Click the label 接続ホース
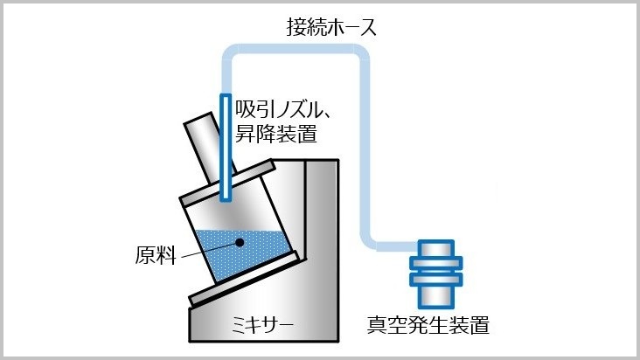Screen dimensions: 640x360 331,27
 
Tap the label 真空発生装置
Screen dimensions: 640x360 428,325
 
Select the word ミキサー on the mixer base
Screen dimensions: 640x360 262,325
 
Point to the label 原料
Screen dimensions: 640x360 156,255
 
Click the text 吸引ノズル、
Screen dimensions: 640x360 283,110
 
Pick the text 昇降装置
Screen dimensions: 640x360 276,134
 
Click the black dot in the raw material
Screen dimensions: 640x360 240,243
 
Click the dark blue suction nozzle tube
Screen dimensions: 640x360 226,148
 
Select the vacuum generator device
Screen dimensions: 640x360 436,274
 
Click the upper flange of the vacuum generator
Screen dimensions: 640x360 436,262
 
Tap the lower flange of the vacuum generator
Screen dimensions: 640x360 436,280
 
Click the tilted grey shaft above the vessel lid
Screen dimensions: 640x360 209,148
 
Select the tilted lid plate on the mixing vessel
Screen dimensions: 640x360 227,183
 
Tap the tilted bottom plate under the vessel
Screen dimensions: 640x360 247,279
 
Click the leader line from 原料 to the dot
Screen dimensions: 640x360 209,250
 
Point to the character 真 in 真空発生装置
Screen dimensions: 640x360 377,325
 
